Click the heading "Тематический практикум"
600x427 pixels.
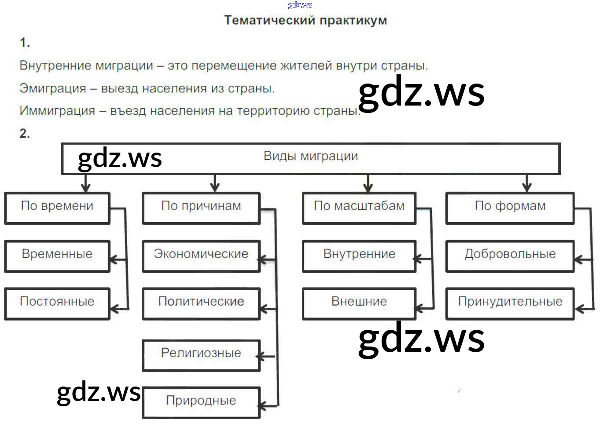pyautogui.click(x=306, y=20)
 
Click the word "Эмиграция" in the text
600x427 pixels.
pyautogui.click(x=53, y=88)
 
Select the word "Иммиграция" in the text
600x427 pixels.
pyautogui.click(x=57, y=111)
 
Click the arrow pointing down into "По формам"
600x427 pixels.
pyautogui.click(x=526, y=183)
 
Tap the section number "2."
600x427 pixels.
pyautogui.click(x=25, y=134)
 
